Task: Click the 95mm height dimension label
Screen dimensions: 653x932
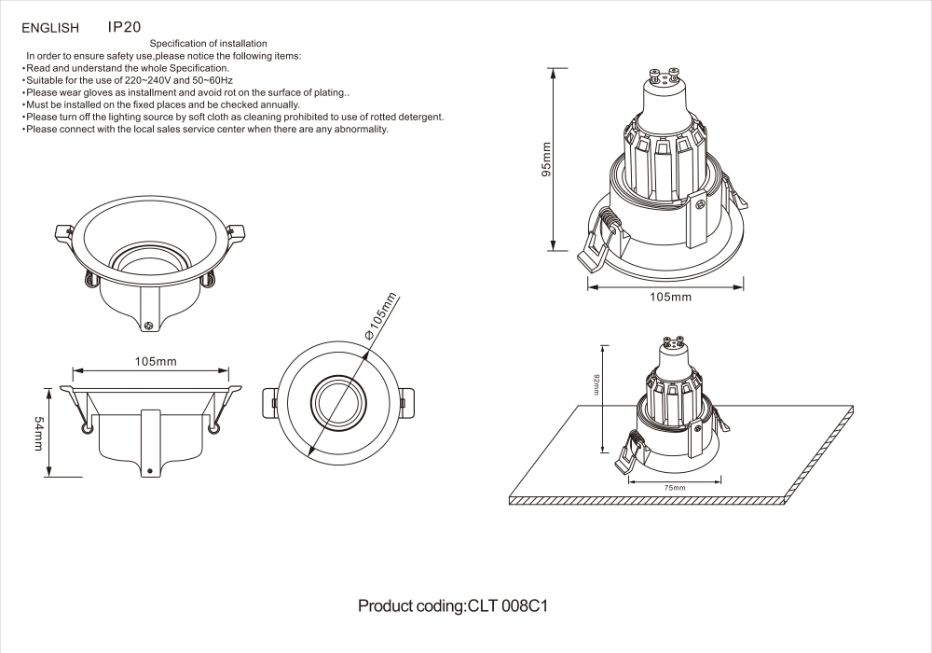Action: click(547, 159)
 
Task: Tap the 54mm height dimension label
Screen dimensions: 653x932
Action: click(39, 433)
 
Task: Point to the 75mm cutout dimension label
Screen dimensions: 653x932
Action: click(674, 488)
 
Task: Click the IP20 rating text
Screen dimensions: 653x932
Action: click(125, 28)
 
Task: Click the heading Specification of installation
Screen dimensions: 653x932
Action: click(209, 44)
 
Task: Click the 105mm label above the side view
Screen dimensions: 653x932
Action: click(156, 361)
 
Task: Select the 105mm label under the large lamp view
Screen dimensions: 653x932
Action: click(670, 297)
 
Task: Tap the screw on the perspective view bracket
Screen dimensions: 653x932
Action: click(149, 325)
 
